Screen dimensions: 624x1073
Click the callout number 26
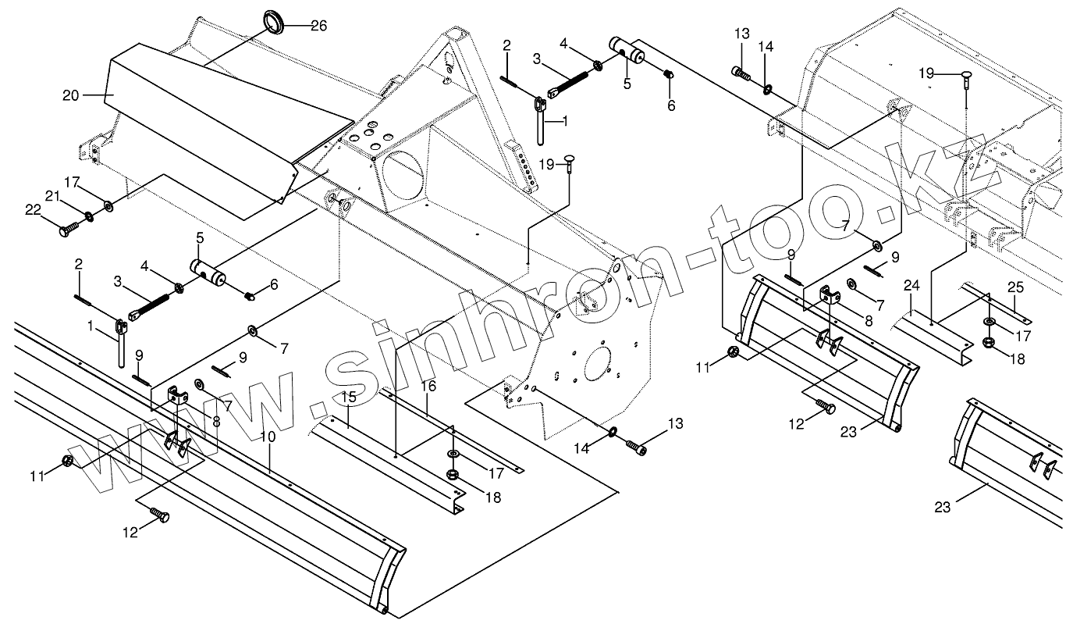pos(318,26)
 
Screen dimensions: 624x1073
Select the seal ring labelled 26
pos(273,21)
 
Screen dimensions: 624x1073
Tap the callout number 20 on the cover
pos(70,95)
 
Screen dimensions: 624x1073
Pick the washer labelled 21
pos(91,215)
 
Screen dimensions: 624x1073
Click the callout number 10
pos(268,437)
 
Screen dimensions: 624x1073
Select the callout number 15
pos(349,398)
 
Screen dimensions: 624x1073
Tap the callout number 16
pos(428,386)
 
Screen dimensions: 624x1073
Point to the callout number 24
pos(911,285)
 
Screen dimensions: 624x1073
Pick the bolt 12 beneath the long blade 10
pos(161,515)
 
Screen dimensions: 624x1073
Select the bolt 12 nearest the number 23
pos(826,407)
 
